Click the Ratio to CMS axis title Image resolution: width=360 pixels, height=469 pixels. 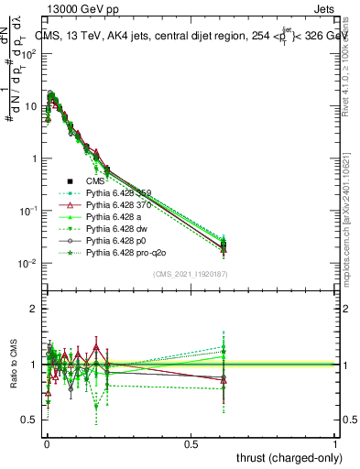point(11,365)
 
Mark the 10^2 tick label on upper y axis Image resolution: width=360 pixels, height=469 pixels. point(28,53)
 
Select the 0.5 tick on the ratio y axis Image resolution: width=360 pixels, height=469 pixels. point(28,420)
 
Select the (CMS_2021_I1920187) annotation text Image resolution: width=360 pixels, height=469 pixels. point(191,274)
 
